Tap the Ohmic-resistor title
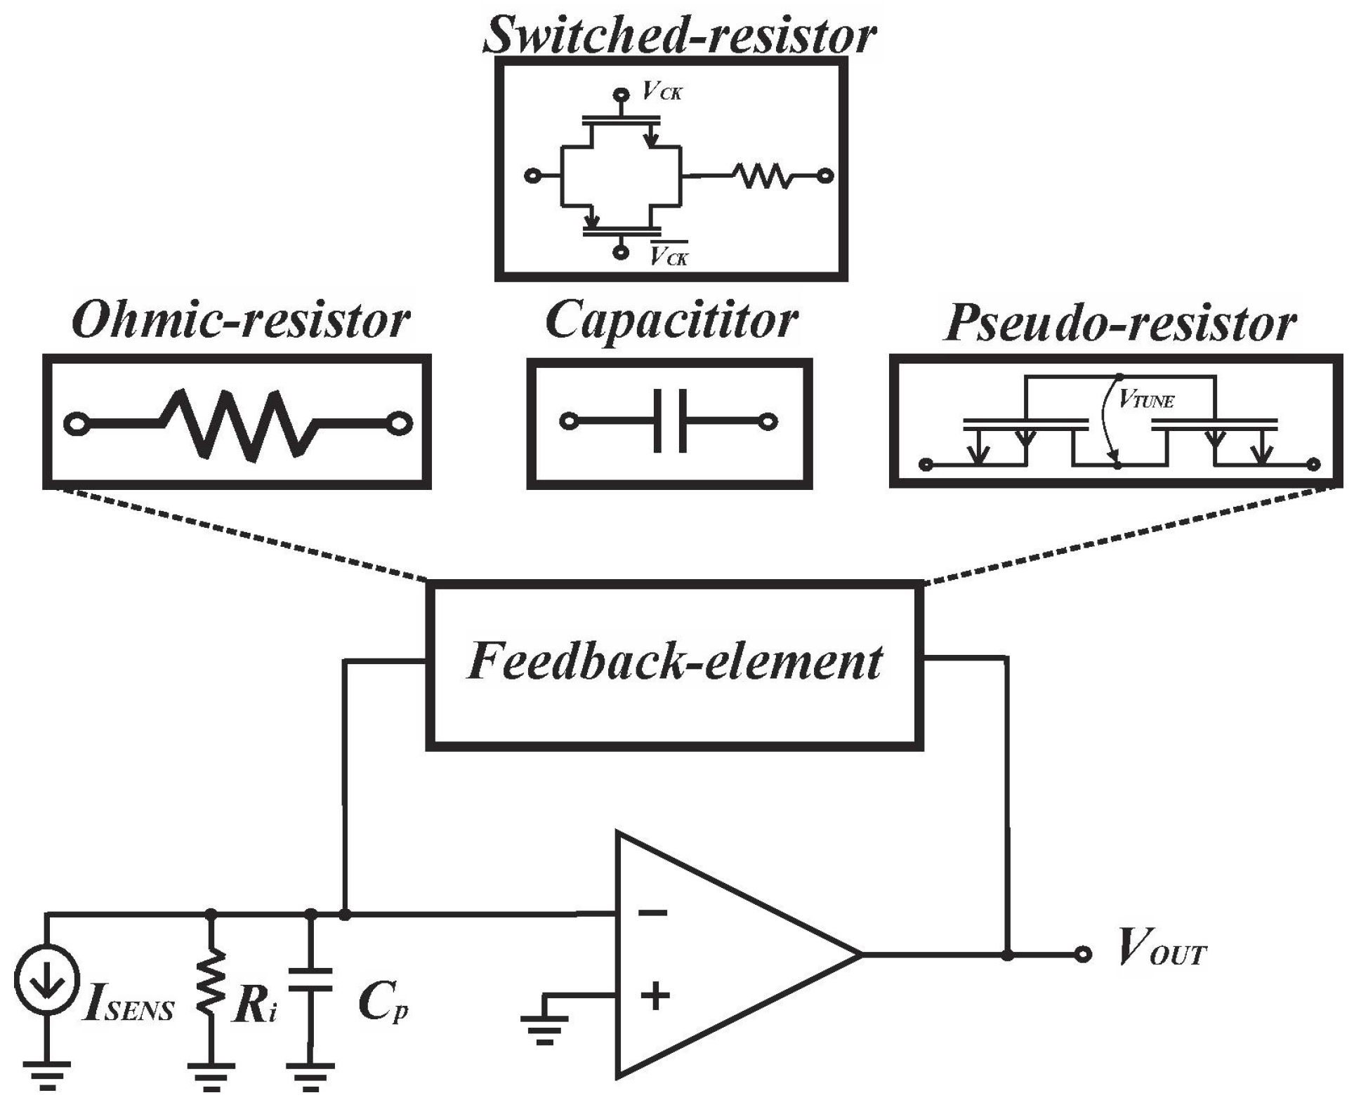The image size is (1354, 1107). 240,320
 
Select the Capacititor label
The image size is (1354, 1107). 671,320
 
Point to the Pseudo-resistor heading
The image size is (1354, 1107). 1119,323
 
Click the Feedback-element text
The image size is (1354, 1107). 674,661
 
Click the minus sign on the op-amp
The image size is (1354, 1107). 653,913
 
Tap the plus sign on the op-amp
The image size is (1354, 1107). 655,995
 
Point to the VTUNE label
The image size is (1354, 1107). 1146,401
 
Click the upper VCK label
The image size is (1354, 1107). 662,91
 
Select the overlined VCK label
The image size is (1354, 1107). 669,257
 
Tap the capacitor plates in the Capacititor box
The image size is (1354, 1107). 670,421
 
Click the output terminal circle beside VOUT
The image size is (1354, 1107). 1084,954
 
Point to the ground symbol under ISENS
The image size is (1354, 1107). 46,1074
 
